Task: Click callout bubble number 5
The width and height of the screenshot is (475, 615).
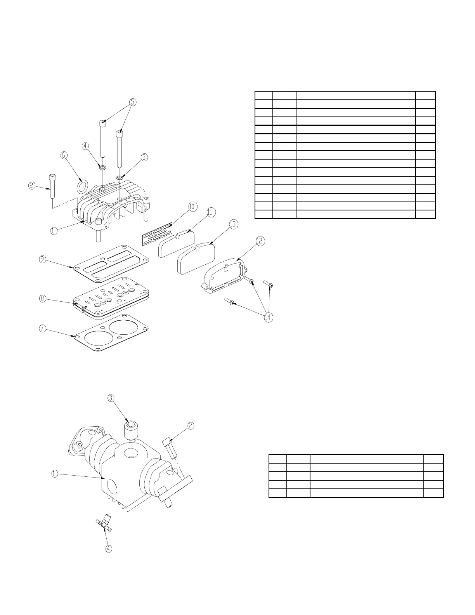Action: tap(133, 102)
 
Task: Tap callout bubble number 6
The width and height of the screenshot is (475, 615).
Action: tap(64, 155)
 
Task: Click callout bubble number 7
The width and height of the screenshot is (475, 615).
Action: tap(43, 329)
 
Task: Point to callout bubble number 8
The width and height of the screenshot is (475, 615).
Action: tap(43, 299)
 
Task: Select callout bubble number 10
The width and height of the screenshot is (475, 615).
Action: tap(192, 207)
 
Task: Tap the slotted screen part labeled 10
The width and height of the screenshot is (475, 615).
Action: tap(157, 234)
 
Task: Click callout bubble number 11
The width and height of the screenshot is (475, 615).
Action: tap(211, 212)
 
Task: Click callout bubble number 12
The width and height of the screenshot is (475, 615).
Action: tap(260, 241)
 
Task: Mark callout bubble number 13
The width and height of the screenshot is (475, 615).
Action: tap(233, 224)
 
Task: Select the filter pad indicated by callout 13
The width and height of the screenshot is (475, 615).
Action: tap(196, 258)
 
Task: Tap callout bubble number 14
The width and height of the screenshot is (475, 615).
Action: tap(268, 317)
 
